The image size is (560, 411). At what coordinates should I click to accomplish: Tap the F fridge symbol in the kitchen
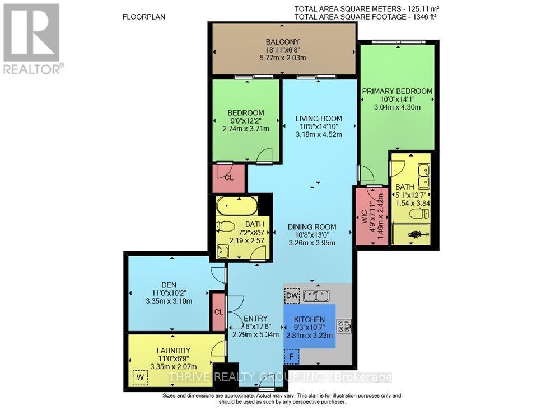click(292, 356)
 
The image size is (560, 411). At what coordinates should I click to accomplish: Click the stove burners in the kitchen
click(343, 325)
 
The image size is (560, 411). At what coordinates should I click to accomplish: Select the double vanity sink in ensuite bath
click(424, 174)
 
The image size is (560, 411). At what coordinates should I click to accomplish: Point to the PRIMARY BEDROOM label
click(397, 91)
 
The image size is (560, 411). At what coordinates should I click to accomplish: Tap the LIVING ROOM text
click(319, 119)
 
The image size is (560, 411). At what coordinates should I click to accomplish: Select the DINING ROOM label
click(312, 226)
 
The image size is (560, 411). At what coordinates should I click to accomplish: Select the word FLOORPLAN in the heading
click(144, 17)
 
